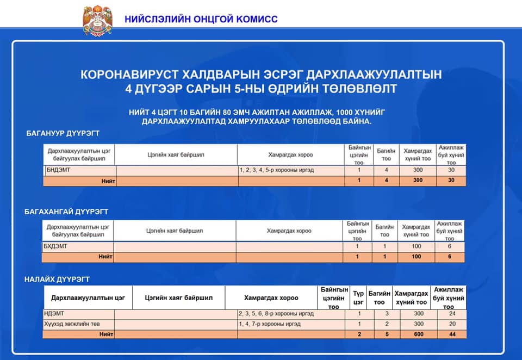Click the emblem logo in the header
98,21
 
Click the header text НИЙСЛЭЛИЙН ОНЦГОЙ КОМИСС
201,19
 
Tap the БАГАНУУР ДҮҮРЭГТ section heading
63,133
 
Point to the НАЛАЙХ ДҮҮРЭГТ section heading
57,279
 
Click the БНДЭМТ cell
59,170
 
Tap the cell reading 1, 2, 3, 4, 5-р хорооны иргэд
277,170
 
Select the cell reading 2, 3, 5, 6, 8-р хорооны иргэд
276,314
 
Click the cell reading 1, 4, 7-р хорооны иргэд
270,324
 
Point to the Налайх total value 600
419,334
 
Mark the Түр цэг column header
358,298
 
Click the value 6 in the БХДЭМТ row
450,246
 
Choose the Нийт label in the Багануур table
108,181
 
